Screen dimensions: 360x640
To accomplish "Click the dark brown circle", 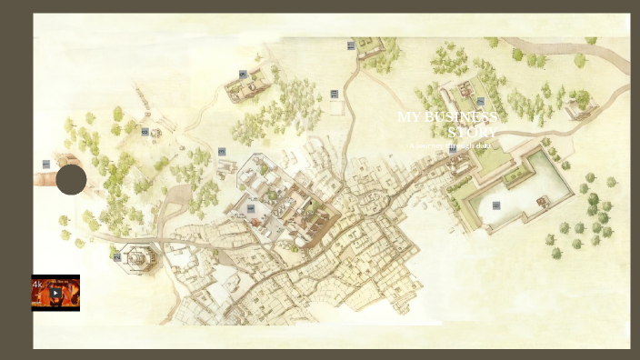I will pyautogui.click(x=71, y=179).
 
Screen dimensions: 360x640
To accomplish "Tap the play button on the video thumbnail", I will pyautogui.click(x=55, y=294).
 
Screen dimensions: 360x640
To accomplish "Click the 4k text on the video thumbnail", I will pyautogui.click(x=38, y=285).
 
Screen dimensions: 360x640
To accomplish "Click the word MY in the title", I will pyautogui.click(x=410, y=117).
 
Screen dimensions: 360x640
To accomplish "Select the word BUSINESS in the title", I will pyautogui.click(x=461, y=117).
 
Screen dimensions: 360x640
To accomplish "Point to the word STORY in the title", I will pyautogui.click(x=473, y=132).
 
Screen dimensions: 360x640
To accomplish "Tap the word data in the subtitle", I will pyautogui.click(x=483, y=145).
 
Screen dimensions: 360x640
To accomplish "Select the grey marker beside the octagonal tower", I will pyautogui.click(x=117, y=257).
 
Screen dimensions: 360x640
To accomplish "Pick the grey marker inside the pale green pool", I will pyautogui.click(x=496, y=205).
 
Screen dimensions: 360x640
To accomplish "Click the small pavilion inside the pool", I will pyautogui.click(x=543, y=201).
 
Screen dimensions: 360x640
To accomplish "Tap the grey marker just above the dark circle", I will pyautogui.click(x=46, y=165).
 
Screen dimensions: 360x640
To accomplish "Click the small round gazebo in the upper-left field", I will pyautogui.click(x=156, y=134).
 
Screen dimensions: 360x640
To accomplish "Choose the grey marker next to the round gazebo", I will pyautogui.click(x=145, y=132).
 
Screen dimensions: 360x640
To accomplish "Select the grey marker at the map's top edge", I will pyautogui.click(x=351, y=45).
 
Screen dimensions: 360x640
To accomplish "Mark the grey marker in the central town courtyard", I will pyautogui.click(x=251, y=208).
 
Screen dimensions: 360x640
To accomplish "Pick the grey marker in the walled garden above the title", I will pyautogui.click(x=481, y=102).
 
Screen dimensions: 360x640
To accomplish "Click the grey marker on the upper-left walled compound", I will pyautogui.click(x=243, y=74).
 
